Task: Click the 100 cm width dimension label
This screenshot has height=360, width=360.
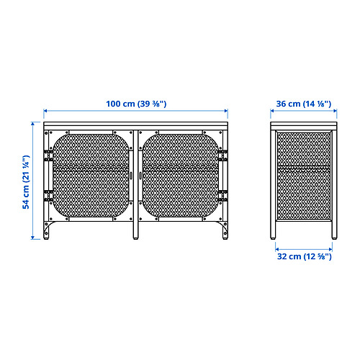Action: point(136,104)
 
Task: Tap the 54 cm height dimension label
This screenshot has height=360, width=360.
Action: point(26,182)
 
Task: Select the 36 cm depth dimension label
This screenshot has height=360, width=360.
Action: point(304,104)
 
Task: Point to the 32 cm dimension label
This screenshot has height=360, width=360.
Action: point(305,256)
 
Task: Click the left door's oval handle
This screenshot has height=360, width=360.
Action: point(131,176)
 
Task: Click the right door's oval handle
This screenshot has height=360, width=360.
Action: point(140,176)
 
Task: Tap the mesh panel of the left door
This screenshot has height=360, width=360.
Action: point(91,176)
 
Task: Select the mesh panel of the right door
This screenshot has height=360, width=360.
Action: point(181,176)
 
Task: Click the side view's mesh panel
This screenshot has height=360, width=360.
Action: point(304,176)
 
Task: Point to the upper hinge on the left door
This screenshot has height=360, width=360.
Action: point(48,156)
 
